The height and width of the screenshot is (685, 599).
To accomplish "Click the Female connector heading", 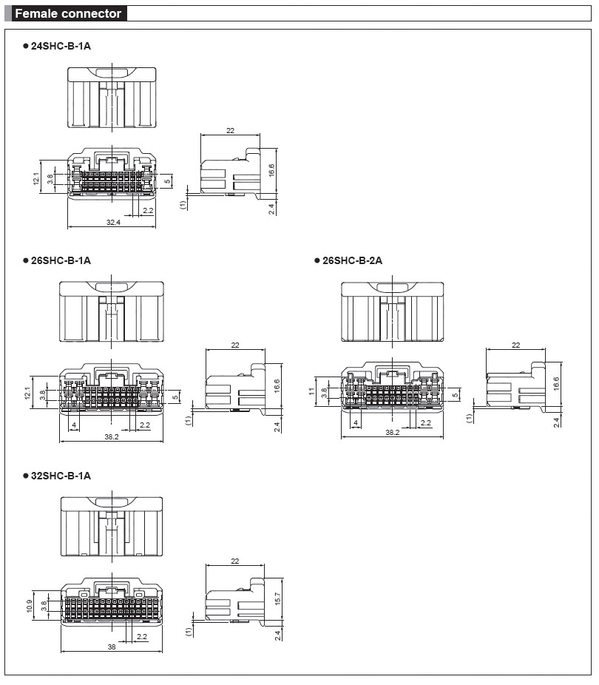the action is [x=68, y=13].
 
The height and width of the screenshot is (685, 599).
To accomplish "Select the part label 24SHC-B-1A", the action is [x=61, y=46].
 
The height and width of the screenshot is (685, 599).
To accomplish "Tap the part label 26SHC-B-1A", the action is [x=61, y=261].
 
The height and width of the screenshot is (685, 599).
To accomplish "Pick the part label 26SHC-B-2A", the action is [x=352, y=261].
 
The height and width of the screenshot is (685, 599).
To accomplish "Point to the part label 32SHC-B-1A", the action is [x=61, y=476].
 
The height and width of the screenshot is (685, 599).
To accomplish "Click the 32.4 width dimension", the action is [x=113, y=223].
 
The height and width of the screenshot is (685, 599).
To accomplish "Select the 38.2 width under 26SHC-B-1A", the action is [x=112, y=436].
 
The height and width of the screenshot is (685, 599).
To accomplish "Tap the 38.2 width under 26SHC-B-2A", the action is [x=392, y=432].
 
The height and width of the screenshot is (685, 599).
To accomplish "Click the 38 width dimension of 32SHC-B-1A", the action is [x=112, y=647].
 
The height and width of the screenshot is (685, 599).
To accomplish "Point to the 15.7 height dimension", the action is [x=277, y=598].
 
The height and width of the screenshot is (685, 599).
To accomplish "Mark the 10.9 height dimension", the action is [x=30, y=606].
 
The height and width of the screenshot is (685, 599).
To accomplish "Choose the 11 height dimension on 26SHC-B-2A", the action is [x=311, y=391].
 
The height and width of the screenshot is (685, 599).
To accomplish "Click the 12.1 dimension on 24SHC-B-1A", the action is [x=35, y=178].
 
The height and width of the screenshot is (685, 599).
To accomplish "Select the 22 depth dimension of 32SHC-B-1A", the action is [x=235, y=561].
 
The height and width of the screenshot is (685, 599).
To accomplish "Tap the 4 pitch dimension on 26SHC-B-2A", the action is [x=356, y=423].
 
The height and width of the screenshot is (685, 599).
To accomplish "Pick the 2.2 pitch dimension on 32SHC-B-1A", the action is [x=142, y=636].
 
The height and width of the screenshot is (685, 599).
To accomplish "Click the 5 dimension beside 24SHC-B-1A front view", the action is [x=167, y=181].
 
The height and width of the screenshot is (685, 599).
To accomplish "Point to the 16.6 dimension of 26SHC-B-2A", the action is [x=556, y=384].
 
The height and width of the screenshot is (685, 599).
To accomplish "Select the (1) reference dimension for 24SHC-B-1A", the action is [x=183, y=204].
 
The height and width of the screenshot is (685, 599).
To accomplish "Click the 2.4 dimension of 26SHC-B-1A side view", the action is [x=277, y=427].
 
